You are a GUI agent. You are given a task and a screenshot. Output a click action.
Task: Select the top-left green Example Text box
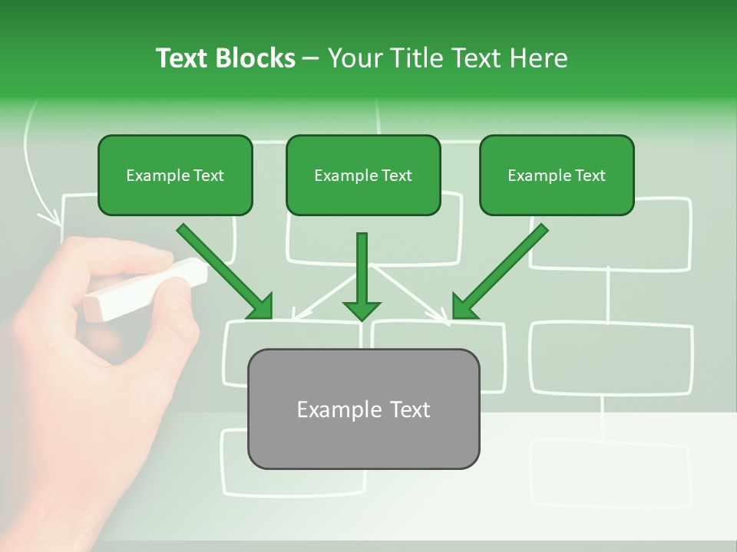(175, 175)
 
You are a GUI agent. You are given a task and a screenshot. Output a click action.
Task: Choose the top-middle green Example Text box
(363, 175)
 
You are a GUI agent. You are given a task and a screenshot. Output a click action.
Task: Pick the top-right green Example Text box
(557, 175)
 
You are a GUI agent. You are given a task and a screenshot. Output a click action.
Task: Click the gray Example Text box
(363, 409)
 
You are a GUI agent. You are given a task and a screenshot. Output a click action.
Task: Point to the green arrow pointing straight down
(362, 276)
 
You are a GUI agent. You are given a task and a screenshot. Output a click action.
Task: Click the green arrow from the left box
(226, 272)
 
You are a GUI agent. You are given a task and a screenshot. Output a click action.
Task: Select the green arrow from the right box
(499, 272)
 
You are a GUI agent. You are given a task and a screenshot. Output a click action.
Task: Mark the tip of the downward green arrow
(362, 318)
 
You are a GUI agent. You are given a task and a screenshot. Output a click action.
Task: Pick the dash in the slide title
(311, 58)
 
